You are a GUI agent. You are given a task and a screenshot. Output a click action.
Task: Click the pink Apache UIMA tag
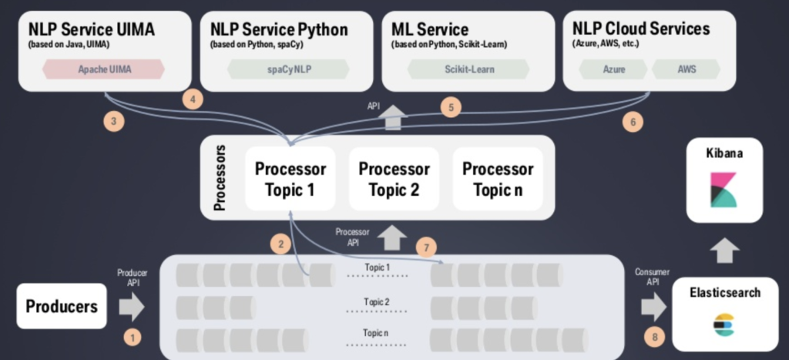pyautogui.click(x=104, y=69)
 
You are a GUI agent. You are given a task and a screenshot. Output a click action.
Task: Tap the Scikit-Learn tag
pyautogui.click(x=468, y=69)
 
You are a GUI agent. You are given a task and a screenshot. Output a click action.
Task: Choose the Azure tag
pyautogui.click(x=613, y=69)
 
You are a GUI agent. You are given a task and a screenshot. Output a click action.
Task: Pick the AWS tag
pyautogui.click(x=687, y=69)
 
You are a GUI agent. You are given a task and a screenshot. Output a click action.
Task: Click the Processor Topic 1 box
pyautogui.click(x=290, y=179)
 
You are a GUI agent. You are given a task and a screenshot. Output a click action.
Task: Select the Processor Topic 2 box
pyautogui.click(x=394, y=179)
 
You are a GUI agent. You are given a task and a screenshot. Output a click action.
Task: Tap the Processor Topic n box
pyautogui.click(x=497, y=179)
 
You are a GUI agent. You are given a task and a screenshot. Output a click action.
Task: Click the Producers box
pyautogui.click(x=62, y=306)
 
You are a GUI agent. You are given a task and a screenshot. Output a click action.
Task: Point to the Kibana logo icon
pyautogui.click(x=724, y=190)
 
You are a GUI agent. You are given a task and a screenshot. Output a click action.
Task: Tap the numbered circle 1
pyautogui.click(x=133, y=337)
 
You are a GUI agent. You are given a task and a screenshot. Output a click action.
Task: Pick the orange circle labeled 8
pyautogui.click(x=654, y=337)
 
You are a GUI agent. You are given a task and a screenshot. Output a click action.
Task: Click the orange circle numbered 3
pyautogui.click(x=113, y=121)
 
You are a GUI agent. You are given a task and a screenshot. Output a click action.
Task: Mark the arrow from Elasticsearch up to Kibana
pyautogui.click(x=724, y=251)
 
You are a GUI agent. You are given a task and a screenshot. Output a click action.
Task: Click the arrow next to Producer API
pyautogui.click(x=132, y=306)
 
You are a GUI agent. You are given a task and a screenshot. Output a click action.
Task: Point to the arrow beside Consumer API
pyautogui.click(x=653, y=307)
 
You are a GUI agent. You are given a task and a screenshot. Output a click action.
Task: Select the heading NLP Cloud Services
pyautogui.click(x=640, y=29)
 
